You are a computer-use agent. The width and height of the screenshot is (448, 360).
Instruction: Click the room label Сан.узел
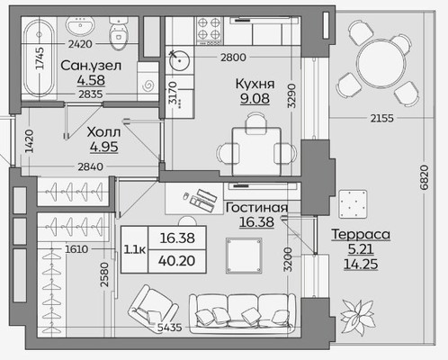tap(91, 66)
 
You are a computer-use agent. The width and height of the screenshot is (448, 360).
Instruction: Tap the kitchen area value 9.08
tap(255, 99)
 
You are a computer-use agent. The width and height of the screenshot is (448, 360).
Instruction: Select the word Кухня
tap(255, 84)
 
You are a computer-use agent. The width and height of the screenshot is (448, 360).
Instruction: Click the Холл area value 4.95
tap(104, 147)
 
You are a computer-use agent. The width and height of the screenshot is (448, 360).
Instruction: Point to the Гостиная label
tap(256, 208)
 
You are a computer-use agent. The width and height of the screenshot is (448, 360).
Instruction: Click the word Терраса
tap(361, 234)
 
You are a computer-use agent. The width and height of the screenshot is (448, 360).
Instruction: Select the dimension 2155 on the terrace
tap(381, 118)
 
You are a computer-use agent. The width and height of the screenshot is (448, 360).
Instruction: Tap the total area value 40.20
tap(177, 261)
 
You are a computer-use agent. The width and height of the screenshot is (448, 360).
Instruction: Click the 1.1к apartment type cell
tap(135, 249)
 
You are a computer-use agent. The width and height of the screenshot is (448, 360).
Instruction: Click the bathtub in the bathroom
tap(39, 58)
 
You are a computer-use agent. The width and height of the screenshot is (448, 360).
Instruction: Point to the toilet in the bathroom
tap(118, 33)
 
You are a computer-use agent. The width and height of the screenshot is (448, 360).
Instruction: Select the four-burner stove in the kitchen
tap(210, 30)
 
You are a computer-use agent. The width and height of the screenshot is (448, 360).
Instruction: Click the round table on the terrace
tap(381, 62)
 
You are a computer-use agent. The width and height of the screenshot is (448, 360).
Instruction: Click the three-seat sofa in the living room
tap(242, 312)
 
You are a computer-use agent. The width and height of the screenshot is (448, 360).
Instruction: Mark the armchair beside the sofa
tap(153, 307)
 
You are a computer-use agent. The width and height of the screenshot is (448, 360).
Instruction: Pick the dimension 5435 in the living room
tap(170, 327)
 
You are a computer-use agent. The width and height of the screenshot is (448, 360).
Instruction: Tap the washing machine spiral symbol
tap(148, 86)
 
